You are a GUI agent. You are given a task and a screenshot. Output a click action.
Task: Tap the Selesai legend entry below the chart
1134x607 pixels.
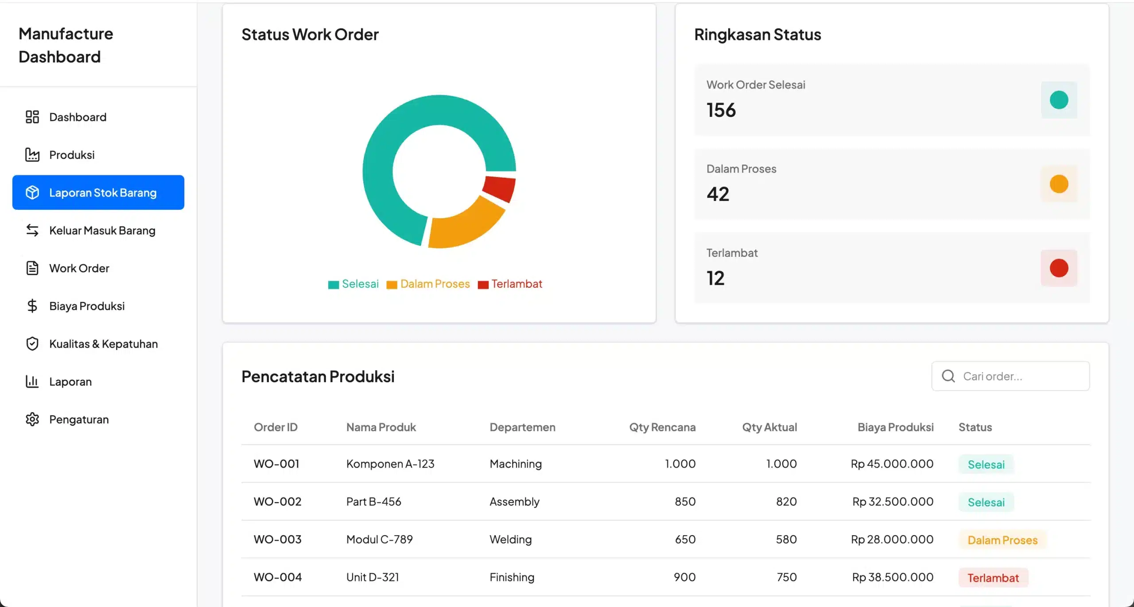click(353, 284)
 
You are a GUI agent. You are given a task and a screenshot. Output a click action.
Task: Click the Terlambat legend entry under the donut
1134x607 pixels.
click(510, 284)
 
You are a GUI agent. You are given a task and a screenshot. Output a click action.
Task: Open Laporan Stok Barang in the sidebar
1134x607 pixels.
click(98, 193)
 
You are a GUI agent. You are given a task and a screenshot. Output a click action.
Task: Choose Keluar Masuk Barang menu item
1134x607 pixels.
click(102, 231)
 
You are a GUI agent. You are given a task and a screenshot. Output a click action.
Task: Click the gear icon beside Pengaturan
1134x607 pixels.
click(32, 419)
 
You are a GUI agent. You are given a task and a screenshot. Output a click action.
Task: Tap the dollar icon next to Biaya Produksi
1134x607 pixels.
click(32, 306)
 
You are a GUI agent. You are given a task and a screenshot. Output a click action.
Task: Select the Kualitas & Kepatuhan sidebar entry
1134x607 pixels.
click(103, 344)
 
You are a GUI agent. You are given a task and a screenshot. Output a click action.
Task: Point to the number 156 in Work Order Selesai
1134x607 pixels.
click(721, 110)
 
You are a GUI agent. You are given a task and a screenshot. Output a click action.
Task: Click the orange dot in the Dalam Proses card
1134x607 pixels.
click(1059, 184)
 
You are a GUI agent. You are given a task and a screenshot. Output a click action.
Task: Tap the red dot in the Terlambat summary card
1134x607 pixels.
click(1059, 268)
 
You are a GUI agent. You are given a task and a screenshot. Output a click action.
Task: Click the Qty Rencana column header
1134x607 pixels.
click(662, 427)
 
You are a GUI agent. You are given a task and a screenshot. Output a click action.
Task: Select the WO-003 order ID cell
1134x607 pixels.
click(277, 539)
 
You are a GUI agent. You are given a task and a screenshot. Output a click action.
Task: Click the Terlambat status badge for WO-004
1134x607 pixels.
click(993, 578)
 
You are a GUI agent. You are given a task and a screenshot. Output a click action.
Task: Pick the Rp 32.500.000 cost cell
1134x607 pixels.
click(893, 502)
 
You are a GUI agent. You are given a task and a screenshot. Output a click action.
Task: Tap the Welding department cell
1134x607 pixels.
click(510, 539)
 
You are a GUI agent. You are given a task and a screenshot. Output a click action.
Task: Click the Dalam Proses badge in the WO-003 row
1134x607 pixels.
click(1002, 540)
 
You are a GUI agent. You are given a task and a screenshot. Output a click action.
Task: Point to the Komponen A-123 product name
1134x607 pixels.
click(390, 464)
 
